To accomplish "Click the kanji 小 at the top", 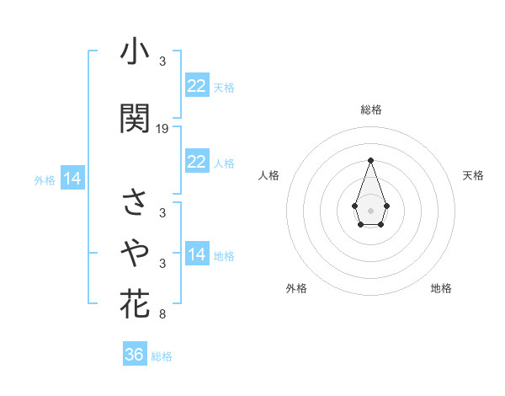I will click(x=135, y=53).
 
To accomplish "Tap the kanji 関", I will click(x=135, y=119).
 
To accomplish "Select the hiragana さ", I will click(x=135, y=202).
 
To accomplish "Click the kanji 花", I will click(x=135, y=303).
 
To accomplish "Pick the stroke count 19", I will click(x=162, y=129).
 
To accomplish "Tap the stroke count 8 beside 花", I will click(x=162, y=315).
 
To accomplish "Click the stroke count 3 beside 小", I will click(x=162, y=62).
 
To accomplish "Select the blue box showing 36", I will click(x=135, y=355).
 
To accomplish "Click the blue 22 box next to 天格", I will click(x=196, y=86).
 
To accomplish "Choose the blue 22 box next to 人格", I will click(x=196, y=162).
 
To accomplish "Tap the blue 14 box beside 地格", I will click(x=196, y=254).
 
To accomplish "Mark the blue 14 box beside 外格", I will click(x=72, y=179).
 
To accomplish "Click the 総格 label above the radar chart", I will click(x=370, y=110).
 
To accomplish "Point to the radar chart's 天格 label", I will click(x=473, y=175).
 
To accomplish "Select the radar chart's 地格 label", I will click(x=441, y=288).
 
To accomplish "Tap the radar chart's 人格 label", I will click(x=268, y=175).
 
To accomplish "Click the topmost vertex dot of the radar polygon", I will click(x=370, y=160).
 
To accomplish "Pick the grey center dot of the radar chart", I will click(x=370, y=209).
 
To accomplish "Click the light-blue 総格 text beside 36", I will click(x=162, y=356).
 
